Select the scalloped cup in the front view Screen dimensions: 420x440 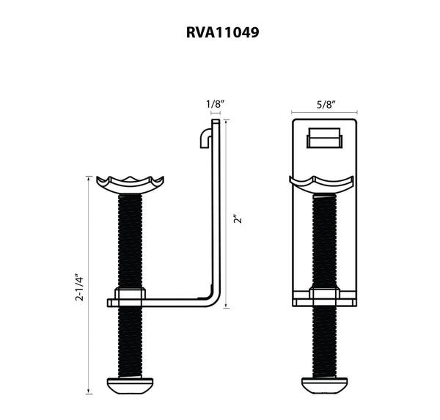(x=323, y=183)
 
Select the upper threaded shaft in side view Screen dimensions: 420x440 (x=128, y=242)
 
